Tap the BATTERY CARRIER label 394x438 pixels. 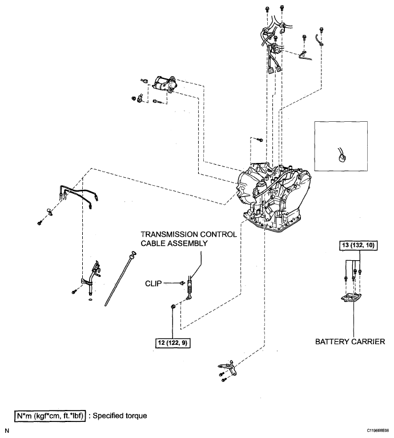tap(350, 341)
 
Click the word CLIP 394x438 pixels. tap(153, 284)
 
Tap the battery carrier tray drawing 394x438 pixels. tap(351, 297)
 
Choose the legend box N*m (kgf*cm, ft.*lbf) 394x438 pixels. tap(50, 416)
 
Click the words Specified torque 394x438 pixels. tap(120, 416)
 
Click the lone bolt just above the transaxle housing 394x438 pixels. tap(260, 139)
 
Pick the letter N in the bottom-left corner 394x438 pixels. tap(7, 431)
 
